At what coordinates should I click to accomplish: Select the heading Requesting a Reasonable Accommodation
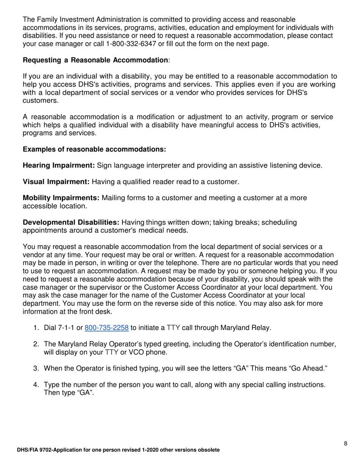95,60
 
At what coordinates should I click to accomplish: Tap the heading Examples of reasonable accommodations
95,149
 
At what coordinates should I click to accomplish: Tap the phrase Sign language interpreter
140,165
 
